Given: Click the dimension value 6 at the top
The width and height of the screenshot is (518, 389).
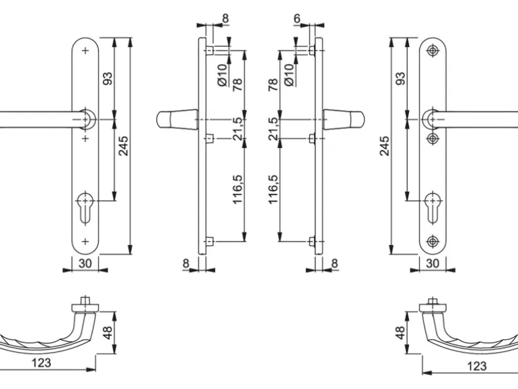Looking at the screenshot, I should (297, 19).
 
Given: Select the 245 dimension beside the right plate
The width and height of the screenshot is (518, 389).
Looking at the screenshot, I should (384, 145).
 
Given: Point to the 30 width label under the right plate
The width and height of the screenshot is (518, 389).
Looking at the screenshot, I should (432, 263).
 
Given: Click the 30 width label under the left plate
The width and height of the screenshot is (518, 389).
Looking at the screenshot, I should (84, 263).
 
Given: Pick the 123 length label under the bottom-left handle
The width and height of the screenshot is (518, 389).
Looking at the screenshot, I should (40, 363).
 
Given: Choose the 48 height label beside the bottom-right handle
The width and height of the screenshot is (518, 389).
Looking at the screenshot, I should (400, 333).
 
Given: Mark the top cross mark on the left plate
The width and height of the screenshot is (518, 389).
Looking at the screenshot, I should (85, 50).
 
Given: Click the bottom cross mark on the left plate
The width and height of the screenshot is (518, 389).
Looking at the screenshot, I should (85, 240).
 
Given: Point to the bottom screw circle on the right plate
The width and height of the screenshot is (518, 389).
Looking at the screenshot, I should (432, 240).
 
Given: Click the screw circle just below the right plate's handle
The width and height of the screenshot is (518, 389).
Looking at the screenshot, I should (432, 138).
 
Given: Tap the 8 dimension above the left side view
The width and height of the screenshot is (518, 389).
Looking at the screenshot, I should (225, 18).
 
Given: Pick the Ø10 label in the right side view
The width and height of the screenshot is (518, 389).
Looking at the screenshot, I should (289, 75).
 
